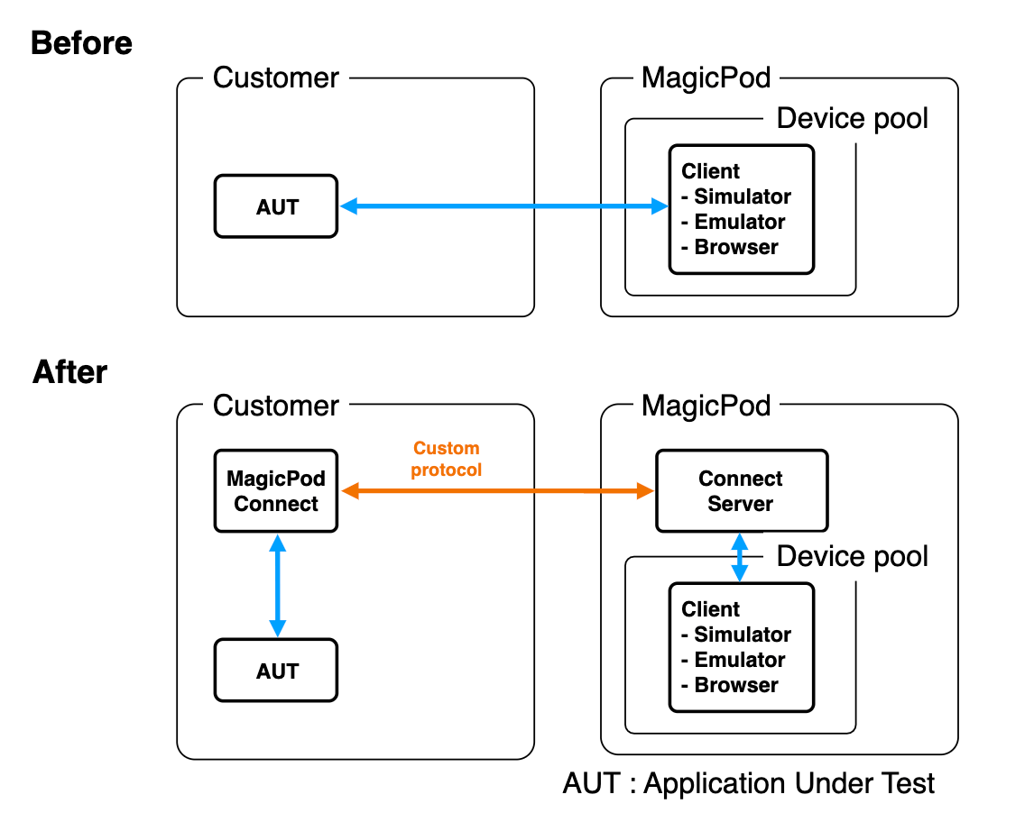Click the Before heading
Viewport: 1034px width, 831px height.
point(81,43)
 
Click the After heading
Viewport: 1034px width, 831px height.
point(69,372)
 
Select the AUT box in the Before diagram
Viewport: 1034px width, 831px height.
point(276,207)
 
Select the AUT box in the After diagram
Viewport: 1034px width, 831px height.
point(276,671)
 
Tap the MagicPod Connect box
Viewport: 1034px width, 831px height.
point(276,491)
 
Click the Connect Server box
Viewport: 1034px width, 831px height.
point(741,491)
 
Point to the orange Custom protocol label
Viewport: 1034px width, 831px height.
point(446,459)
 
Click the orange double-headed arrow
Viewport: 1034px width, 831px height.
point(496,491)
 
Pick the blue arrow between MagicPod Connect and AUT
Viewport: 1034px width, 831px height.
point(277,585)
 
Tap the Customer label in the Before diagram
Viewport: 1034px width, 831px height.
point(276,78)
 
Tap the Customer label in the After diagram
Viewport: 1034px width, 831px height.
point(276,406)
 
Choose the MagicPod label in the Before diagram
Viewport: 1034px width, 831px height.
point(706,78)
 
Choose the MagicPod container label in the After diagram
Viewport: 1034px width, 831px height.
point(706,406)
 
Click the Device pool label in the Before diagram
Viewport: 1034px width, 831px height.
point(852,119)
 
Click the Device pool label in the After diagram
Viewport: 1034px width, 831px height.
point(852,557)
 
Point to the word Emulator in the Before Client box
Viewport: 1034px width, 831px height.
point(739,222)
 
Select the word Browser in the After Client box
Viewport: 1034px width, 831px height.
point(735,685)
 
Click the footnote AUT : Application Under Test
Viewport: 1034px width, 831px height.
point(749,783)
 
